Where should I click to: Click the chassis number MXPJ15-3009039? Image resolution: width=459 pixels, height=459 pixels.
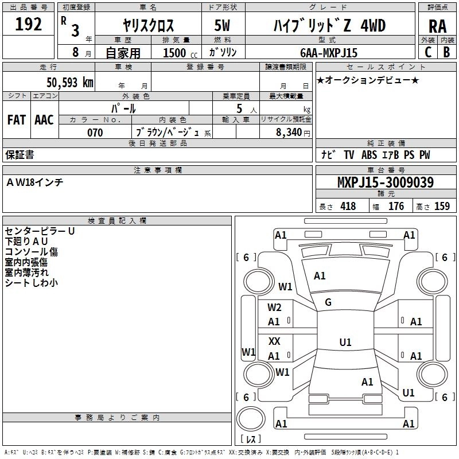coord(385,183)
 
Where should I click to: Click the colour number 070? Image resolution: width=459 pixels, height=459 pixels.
coord(95,133)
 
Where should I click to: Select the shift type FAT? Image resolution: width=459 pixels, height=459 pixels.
coord(16,119)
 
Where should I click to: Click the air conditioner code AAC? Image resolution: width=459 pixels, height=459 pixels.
coord(44,119)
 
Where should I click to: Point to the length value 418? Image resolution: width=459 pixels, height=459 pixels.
coord(348,207)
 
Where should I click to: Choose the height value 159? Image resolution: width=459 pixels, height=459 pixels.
coord(441,207)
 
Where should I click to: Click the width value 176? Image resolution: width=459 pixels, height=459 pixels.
coord(396,207)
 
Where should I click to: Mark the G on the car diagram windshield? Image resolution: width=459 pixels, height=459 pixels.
coord(328,302)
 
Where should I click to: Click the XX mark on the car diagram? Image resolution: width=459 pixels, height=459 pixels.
coord(274,341)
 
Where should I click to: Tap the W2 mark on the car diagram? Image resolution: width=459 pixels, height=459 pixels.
coord(274,307)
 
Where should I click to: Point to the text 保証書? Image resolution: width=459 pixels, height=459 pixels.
coord(20,155)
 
